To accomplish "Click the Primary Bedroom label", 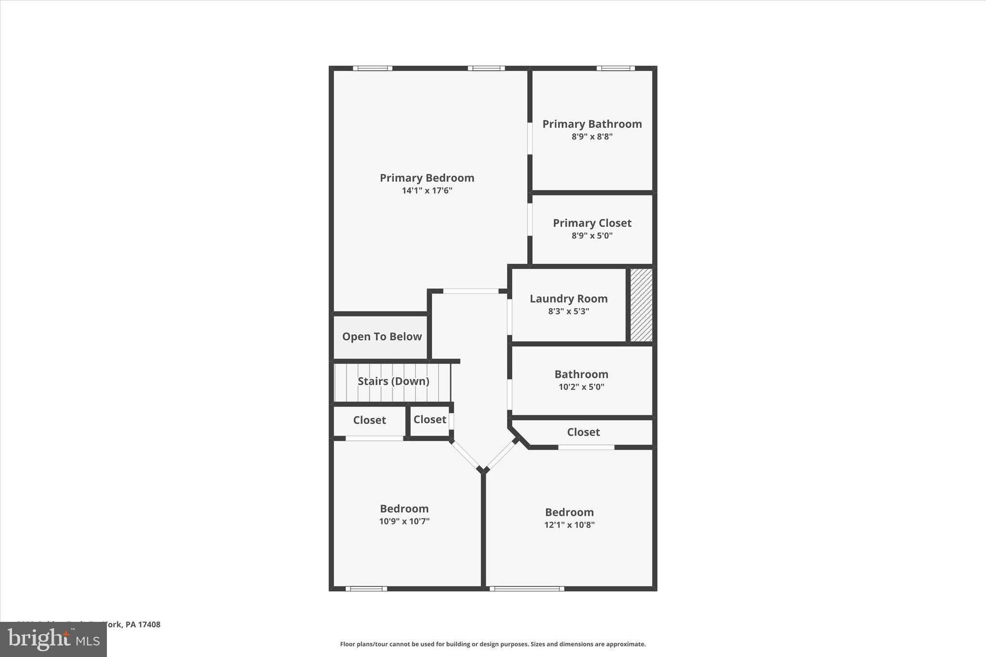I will [x=427, y=178].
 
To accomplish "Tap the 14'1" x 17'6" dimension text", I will [x=427, y=191].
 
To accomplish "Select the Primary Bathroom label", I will [x=592, y=124].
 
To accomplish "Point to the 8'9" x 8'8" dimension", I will [x=592, y=137].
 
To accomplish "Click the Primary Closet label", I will [x=592, y=223].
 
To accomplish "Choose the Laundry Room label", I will [x=568, y=299].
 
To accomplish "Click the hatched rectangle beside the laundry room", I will [x=641, y=305].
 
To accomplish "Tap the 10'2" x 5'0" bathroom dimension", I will [x=581, y=387].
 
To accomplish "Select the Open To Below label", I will [x=382, y=337].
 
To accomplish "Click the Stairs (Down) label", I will [x=393, y=381].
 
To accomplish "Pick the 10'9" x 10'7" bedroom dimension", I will [x=404, y=521].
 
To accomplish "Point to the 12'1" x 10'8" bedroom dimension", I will [x=569, y=525].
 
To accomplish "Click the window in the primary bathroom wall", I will [x=615, y=68].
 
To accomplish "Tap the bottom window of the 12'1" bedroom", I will [x=527, y=588].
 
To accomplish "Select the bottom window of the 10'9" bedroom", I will [x=366, y=588].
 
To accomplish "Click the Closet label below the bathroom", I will [x=583, y=432].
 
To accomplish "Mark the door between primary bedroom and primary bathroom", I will [x=530, y=138].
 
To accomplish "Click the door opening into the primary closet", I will [x=530, y=219].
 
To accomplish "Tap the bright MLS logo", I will [x=53, y=639].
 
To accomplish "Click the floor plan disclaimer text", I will [x=493, y=644].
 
